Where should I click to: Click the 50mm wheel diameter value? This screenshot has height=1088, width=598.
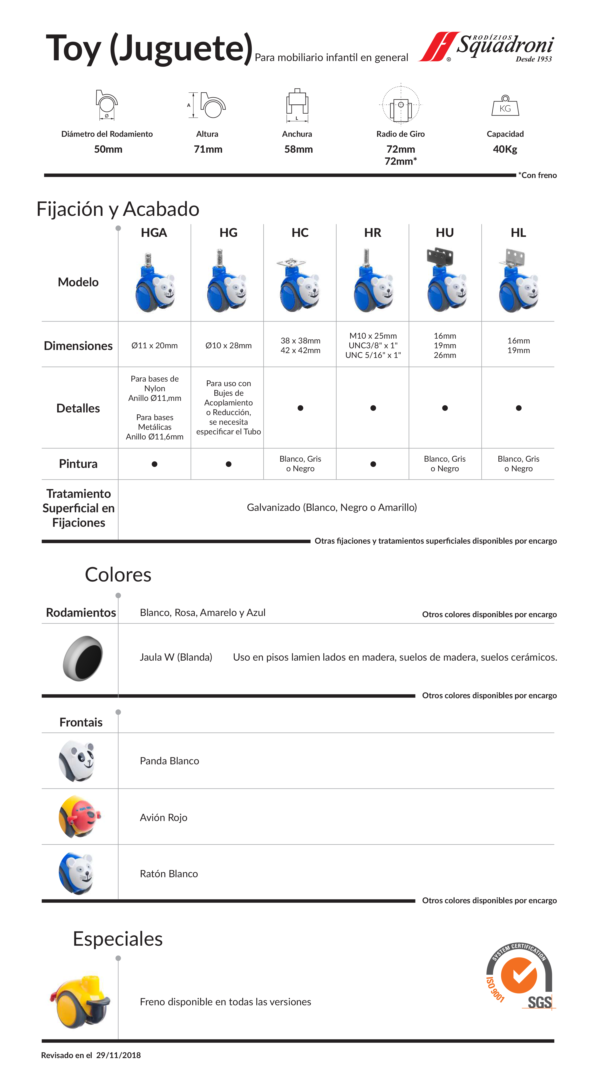click(x=108, y=149)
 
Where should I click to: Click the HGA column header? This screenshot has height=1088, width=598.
click(x=154, y=233)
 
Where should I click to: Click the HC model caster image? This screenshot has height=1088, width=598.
click(x=300, y=284)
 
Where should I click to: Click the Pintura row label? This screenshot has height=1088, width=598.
click(x=78, y=464)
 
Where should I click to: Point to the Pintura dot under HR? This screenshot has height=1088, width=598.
click(x=373, y=464)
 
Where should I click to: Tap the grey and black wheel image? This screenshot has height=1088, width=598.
click(x=83, y=658)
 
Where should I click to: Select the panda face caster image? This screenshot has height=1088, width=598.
click(x=77, y=761)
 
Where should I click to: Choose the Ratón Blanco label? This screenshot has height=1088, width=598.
click(x=169, y=873)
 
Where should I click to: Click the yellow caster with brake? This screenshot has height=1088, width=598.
click(x=80, y=1001)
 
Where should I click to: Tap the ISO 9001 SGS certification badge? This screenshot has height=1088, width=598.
click(x=519, y=977)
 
